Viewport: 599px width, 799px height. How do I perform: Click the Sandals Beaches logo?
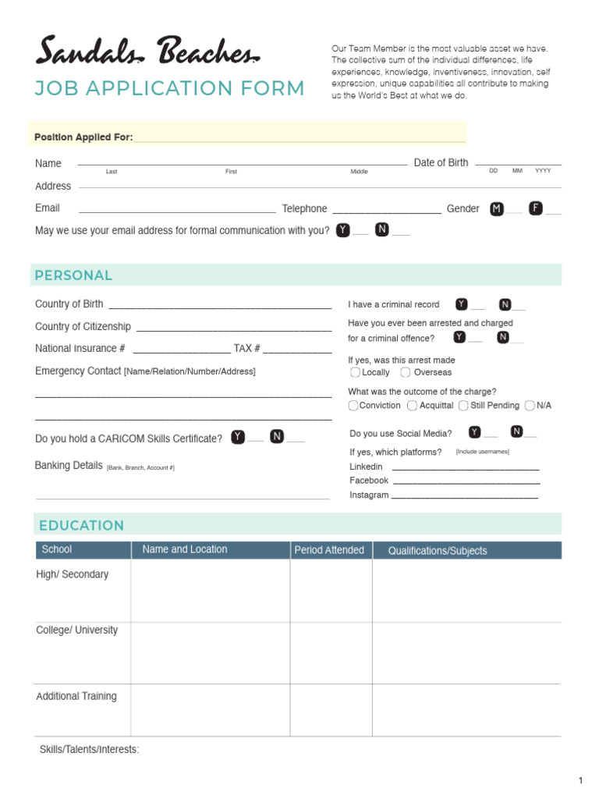pyautogui.click(x=147, y=53)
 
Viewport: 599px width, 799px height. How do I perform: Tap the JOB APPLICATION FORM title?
pyautogui.click(x=169, y=88)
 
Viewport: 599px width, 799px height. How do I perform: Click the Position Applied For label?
pyautogui.click(x=83, y=137)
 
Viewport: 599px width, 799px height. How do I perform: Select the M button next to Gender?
pyautogui.click(x=497, y=208)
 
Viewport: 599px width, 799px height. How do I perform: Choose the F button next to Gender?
pyautogui.click(x=536, y=208)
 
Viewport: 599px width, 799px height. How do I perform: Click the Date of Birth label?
pyautogui.click(x=441, y=162)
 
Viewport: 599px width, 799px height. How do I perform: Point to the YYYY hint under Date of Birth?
pyautogui.click(x=543, y=171)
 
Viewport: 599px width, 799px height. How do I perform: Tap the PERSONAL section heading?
pyautogui.click(x=73, y=275)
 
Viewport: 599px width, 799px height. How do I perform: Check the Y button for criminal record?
pyautogui.click(x=462, y=304)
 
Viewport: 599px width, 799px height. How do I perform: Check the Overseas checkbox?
pyautogui.click(x=406, y=372)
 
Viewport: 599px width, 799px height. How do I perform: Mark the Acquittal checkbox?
pyautogui.click(x=412, y=406)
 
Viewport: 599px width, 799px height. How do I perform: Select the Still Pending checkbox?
pyautogui.click(x=463, y=406)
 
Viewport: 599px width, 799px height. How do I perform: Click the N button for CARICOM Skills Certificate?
pyautogui.click(x=277, y=437)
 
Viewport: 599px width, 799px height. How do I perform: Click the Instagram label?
pyautogui.click(x=369, y=495)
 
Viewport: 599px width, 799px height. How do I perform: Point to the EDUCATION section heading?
pyautogui.click(x=81, y=525)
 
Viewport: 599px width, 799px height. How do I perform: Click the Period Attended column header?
pyautogui.click(x=329, y=550)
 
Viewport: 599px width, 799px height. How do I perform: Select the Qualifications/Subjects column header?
pyautogui.click(x=438, y=551)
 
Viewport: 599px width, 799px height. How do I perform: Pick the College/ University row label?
pyautogui.click(x=77, y=630)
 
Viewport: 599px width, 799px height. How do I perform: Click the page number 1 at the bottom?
pyautogui.click(x=580, y=781)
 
